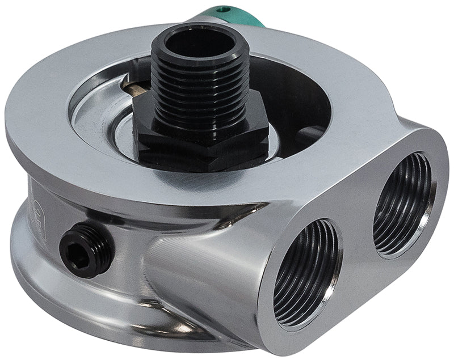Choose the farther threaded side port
click(400, 204)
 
